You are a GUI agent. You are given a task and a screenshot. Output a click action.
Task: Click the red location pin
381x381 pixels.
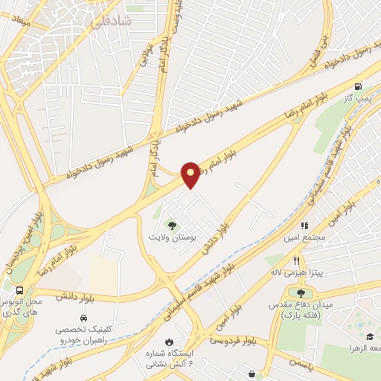coord(191,174)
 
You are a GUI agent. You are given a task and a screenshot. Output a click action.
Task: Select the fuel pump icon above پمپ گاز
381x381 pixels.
coord(360,86)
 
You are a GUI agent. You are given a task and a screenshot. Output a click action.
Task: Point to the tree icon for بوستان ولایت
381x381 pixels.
coord(173,224)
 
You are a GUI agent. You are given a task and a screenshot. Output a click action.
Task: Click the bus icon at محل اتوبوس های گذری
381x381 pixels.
coord(19,291)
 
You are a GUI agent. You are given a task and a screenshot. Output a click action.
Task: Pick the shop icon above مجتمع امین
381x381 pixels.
coord(304,225)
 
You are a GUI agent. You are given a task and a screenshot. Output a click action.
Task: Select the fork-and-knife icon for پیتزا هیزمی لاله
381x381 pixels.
coord(297,260)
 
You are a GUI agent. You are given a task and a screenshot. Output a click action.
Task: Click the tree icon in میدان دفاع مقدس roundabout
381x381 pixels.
coord(300,293)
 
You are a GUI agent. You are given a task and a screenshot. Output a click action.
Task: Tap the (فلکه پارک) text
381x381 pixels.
coord(299,316)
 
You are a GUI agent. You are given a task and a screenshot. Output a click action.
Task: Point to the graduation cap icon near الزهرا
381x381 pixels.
coord(368,336)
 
